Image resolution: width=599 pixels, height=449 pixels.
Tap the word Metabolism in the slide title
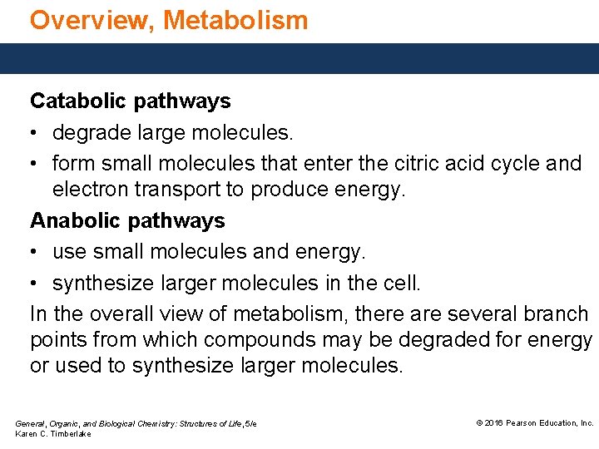click(236, 20)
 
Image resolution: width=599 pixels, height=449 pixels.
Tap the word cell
click(402, 283)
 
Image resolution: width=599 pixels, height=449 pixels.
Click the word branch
click(556, 313)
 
